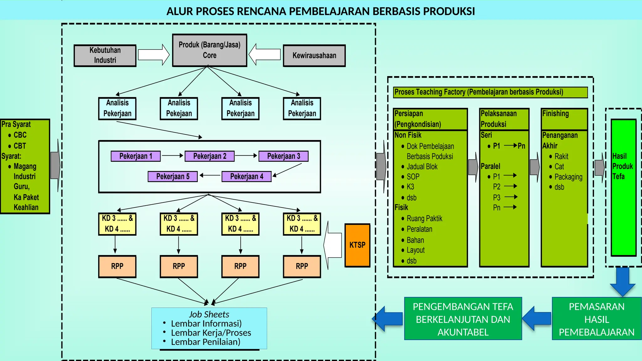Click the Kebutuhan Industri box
point(105,55)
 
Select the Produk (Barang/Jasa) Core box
point(209,50)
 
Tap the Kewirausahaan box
point(314,55)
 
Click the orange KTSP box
point(357,245)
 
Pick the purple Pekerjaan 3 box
point(283,156)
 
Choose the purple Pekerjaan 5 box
point(173,176)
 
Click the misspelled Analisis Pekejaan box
point(179,108)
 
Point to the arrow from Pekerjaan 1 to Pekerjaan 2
point(172,155)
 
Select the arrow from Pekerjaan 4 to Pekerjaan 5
point(210,175)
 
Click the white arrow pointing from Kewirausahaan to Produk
point(265,55)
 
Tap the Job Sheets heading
point(209,314)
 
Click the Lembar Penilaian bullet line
point(206,342)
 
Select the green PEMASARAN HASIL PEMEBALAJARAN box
point(597,319)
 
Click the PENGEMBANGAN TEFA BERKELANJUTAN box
point(463,319)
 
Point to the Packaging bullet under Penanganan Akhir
point(568,177)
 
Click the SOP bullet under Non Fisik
point(413,177)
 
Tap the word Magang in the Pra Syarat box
point(25,166)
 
